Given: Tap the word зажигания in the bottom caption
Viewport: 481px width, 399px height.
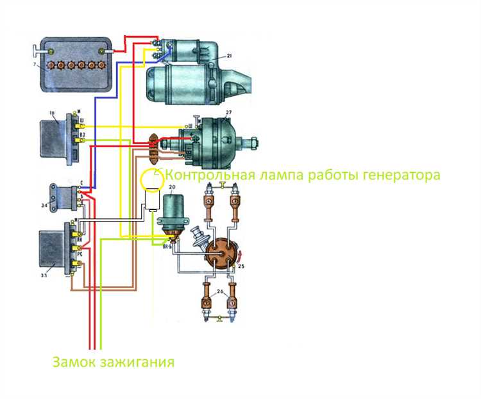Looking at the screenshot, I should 137,362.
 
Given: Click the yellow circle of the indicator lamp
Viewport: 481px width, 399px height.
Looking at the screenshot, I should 152,181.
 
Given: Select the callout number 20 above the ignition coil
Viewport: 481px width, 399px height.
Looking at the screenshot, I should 171,188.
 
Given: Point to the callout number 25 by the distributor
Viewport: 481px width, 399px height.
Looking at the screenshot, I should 241,265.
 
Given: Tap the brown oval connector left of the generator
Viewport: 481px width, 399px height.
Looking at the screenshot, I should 153,148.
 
